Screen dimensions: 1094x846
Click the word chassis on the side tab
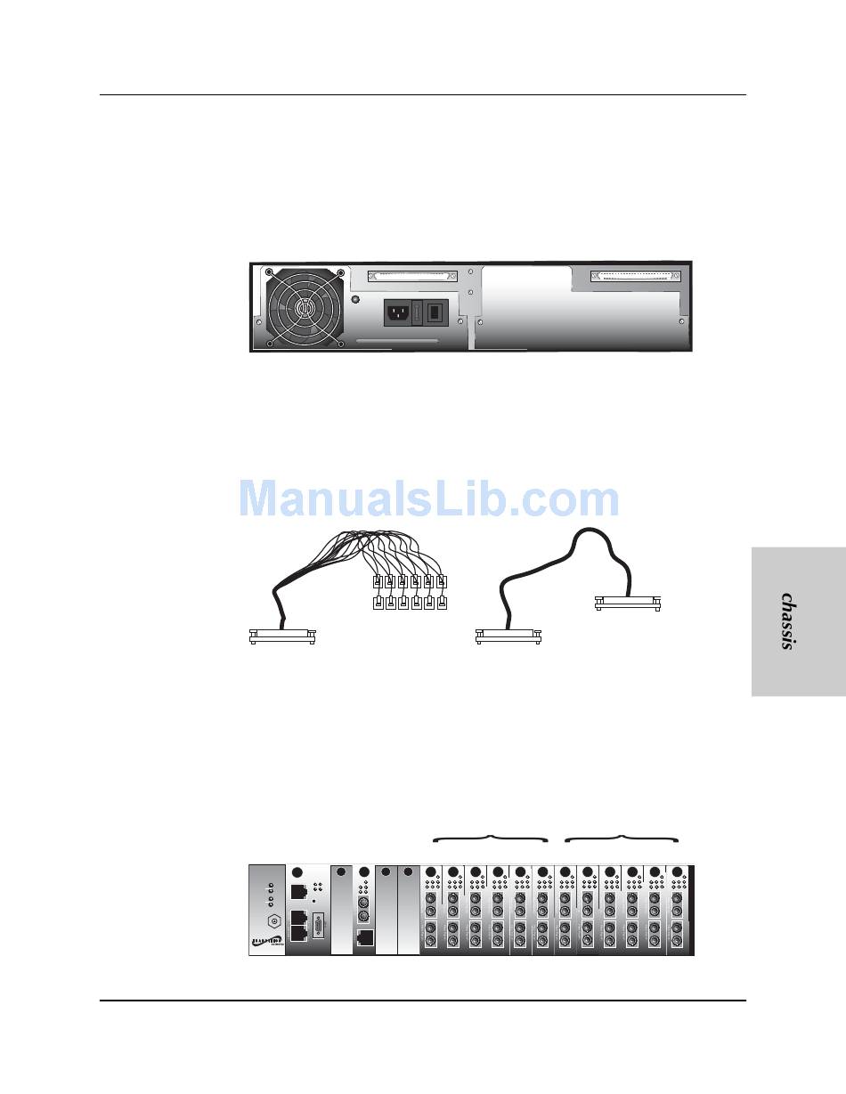787,621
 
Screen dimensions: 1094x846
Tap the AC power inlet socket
397,312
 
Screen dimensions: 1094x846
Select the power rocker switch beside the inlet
434,312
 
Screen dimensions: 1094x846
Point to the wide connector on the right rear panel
636,276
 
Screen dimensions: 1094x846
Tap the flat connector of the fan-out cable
281,636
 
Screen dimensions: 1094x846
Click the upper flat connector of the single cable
627,603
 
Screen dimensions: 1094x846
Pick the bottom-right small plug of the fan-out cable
442,604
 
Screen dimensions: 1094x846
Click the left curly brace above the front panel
490,838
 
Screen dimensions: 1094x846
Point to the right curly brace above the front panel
623,838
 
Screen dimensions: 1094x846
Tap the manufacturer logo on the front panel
266,945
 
